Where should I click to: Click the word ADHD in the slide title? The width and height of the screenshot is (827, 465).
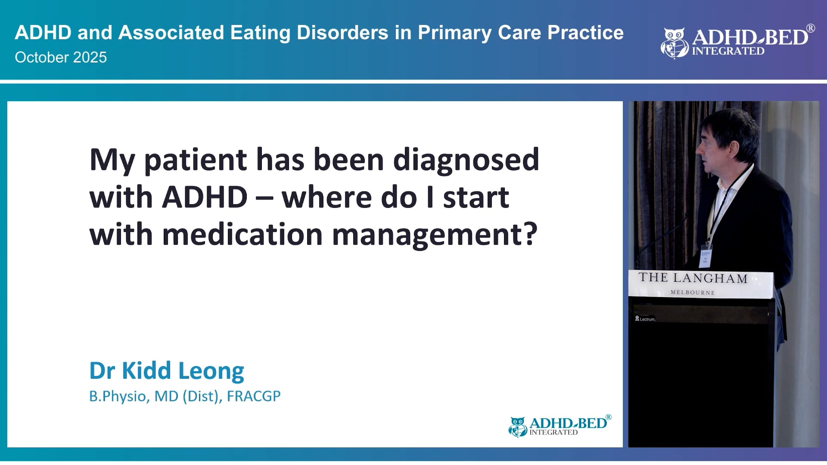tap(205, 198)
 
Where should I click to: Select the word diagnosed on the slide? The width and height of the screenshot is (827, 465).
tap(466, 160)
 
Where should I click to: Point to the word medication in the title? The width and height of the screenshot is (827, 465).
tap(242, 235)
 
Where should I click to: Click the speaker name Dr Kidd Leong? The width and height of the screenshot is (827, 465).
tap(167, 371)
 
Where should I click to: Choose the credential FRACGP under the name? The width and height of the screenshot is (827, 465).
tap(253, 396)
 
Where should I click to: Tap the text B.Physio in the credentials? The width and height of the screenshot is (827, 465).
tap(118, 396)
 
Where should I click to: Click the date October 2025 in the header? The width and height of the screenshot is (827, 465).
tap(61, 57)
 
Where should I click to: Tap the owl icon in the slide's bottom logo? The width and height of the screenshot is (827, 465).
tap(517, 427)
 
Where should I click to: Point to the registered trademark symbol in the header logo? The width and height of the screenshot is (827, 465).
tap(810, 28)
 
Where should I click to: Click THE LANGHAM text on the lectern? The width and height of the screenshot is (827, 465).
tap(693, 278)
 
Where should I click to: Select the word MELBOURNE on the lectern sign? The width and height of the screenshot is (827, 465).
tap(693, 293)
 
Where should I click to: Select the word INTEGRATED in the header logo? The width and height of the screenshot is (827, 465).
tap(728, 51)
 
